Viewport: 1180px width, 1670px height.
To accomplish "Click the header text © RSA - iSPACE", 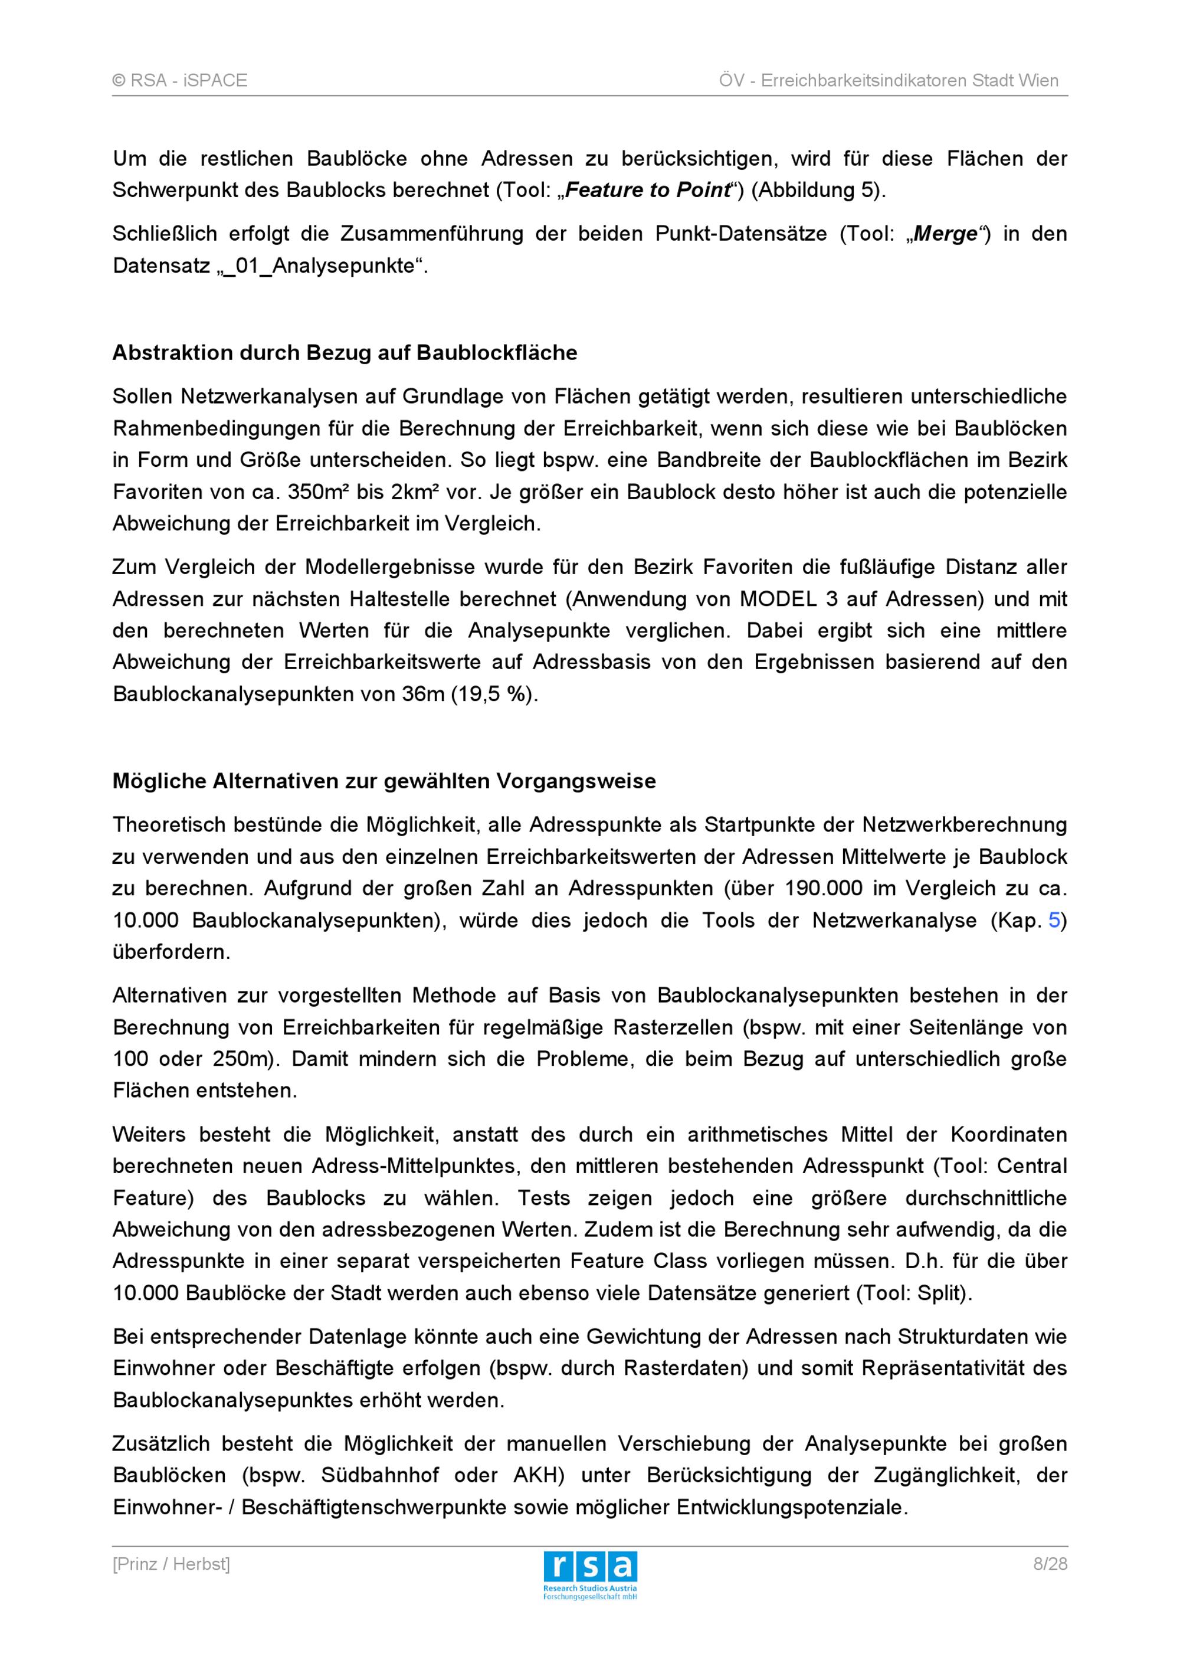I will (179, 81).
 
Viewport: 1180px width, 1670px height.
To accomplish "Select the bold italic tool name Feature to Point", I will (647, 191).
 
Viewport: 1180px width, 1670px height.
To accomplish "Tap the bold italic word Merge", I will (945, 234).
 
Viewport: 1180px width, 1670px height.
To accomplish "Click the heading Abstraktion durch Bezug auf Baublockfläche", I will (345, 353).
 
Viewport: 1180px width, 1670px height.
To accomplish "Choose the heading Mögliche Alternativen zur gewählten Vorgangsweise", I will (384, 781).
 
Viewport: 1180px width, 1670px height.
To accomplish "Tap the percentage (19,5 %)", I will (494, 695).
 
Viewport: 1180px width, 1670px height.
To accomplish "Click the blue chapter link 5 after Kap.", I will (1054, 921).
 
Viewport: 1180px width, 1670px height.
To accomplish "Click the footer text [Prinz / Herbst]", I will (171, 1564).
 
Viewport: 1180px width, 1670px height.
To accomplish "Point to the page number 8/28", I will (1050, 1564).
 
